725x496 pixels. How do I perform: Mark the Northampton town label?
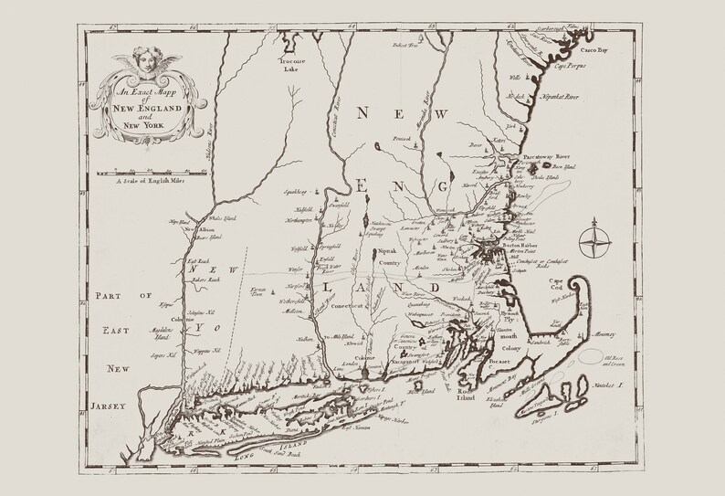[296, 221]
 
